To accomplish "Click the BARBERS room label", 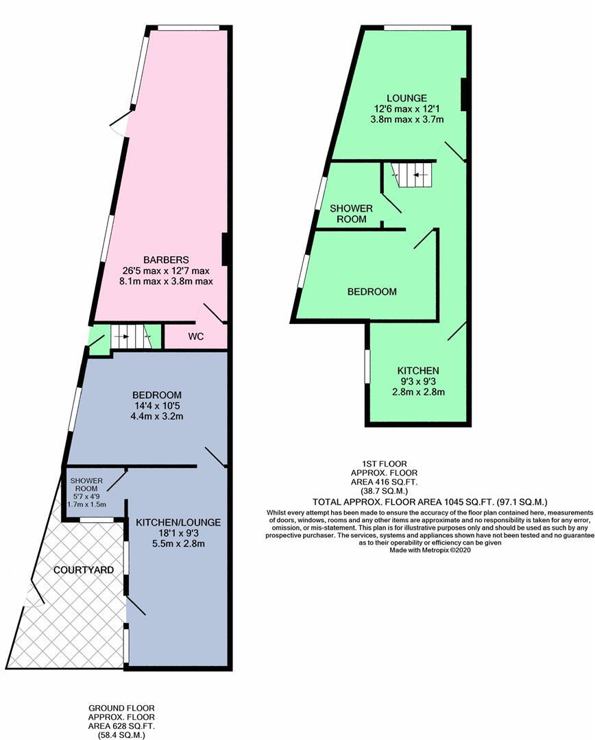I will (166, 259).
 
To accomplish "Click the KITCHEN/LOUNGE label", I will (178, 522).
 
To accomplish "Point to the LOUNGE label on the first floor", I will (406, 98).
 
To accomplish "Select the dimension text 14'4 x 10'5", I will (156, 406).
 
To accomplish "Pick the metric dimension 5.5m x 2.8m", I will (178, 544).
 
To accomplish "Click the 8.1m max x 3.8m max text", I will (166, 281).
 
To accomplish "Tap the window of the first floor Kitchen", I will (367, 366).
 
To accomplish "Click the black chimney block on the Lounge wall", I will (465, 94).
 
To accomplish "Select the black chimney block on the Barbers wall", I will (225, 249).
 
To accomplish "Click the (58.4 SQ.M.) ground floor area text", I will (121, 734).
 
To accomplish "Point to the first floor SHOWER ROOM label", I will (351, 214).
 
